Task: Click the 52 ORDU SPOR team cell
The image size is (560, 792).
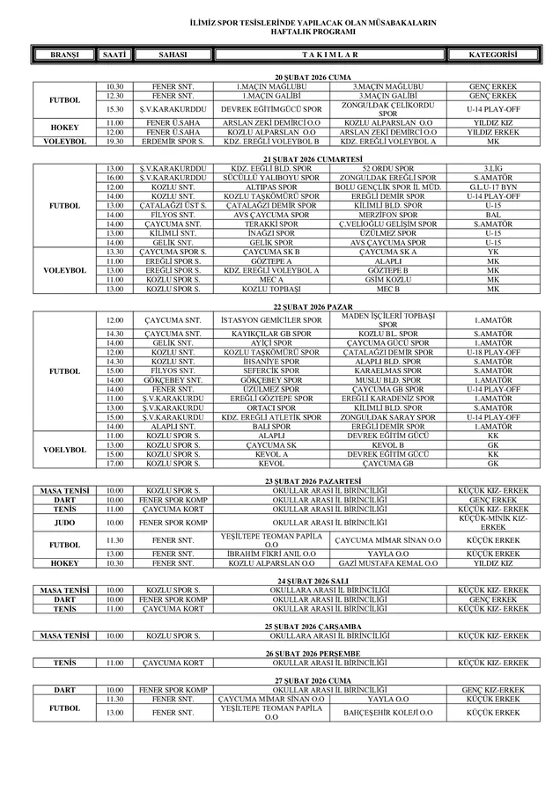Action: [x=387, y=167]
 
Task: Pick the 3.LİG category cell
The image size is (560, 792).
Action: [x=492, y=167]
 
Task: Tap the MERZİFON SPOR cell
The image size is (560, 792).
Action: [x=387, y=215]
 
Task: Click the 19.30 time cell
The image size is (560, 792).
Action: [x=114, y=141]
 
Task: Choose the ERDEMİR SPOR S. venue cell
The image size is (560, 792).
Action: [x=173, y=141]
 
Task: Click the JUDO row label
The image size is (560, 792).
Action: [x=64, y=522]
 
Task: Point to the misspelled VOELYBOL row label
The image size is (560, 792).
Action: [x=64, y=450]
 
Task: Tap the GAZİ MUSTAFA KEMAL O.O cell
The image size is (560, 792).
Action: [x=387, y=562]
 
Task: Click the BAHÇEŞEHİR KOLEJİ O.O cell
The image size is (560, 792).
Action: [x=387, y=712]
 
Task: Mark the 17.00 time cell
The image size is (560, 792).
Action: [x=114, y=463]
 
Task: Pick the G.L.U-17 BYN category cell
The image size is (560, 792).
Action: [x=492, y=187]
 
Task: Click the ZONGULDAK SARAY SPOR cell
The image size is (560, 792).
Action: [x=387, y=417]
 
